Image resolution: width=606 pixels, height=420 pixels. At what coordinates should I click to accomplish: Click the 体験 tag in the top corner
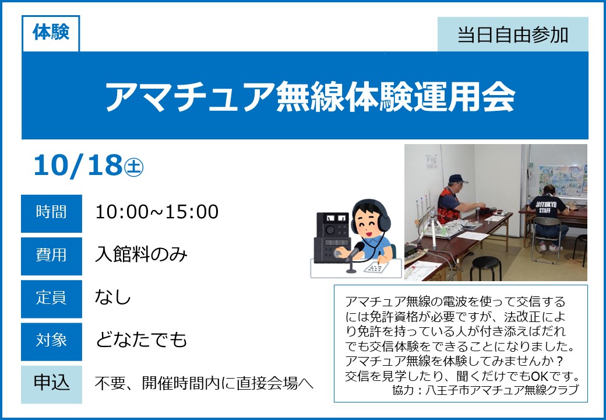click(51, 33)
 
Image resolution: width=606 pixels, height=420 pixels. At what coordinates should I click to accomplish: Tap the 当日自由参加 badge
click(513, 34)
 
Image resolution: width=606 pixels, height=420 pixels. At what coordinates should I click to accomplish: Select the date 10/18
click(78, 166)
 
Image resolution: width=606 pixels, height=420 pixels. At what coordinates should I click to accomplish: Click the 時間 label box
click(51, 213)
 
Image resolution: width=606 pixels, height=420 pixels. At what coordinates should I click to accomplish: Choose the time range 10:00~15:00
click(157, 212)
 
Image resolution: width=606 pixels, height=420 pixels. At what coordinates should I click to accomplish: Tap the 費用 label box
click(51, 256)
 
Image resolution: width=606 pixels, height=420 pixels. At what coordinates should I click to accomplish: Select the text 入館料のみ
click(141, 255)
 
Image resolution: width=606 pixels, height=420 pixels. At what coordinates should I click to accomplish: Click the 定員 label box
click(51, 299)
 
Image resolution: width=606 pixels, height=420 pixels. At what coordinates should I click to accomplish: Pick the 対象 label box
click(51, 341)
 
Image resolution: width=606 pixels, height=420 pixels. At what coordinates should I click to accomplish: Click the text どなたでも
click(141, 339)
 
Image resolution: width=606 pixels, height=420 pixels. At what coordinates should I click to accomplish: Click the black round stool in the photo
click(486, 268)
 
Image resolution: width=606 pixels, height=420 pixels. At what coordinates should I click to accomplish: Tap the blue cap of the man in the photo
click(457, 178)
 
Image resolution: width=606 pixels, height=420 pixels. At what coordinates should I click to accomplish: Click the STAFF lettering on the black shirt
click(545, 211)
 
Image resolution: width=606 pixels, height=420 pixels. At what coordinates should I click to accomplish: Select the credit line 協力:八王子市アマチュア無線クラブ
click(485, 390)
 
